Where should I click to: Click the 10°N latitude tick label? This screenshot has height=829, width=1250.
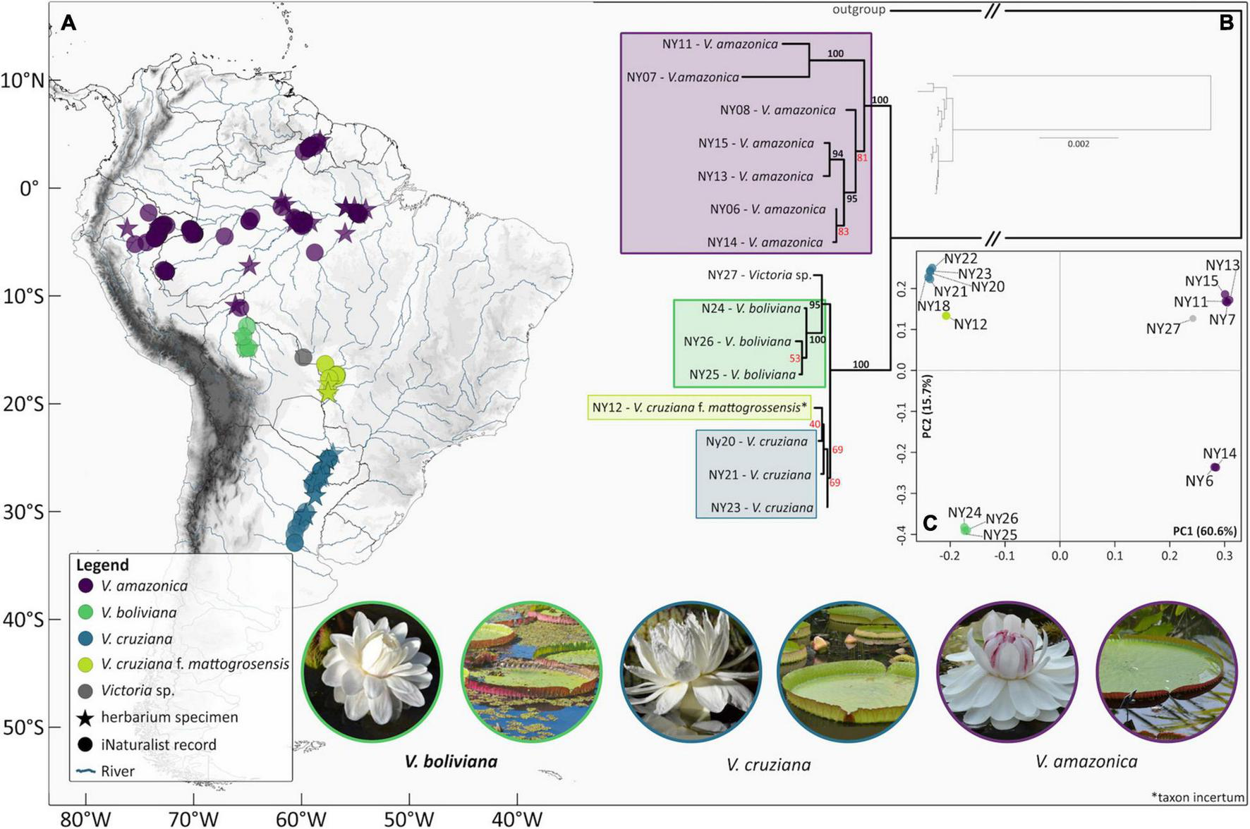pos(23,80)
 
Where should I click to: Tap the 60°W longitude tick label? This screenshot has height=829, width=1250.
pos(301,818)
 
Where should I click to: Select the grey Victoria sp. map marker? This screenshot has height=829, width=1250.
pos(303,357)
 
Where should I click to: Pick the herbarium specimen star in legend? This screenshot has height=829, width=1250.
pos(86,718)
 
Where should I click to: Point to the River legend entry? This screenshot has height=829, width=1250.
pos(117,771)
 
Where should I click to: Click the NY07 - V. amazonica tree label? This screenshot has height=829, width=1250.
pos(683,77)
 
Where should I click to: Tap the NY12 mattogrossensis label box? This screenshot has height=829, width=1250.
pos(699,407)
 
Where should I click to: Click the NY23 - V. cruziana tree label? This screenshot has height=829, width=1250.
pos(762,508)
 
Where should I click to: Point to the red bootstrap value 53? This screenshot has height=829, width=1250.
pos(795,358)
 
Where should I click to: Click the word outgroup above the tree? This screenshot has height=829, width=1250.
pos(858,10)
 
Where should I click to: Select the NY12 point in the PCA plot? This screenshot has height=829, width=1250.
pos(946,316)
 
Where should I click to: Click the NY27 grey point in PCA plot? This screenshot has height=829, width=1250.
pos(1193,319)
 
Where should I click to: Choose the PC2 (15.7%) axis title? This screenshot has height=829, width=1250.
pos(927,407)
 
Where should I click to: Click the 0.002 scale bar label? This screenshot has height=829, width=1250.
pos(1078,144)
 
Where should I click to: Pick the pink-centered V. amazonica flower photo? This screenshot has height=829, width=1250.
pos(1006,671)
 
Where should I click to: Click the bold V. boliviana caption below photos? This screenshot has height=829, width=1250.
pos(451,761)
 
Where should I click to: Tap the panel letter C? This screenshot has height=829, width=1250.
pos(930,522)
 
